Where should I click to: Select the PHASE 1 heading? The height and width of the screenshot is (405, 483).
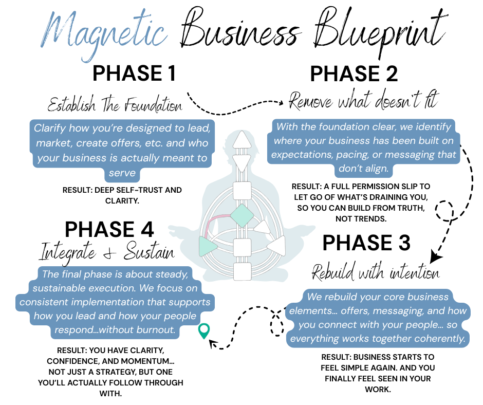tap(135, 73)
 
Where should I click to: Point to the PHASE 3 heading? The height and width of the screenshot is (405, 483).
tap(366, 243)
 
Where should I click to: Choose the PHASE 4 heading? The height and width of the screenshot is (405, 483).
tap(109, 230)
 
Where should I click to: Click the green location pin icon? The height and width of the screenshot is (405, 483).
tap(204, 330)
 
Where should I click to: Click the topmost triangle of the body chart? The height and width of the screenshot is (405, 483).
tap(241, 140)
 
